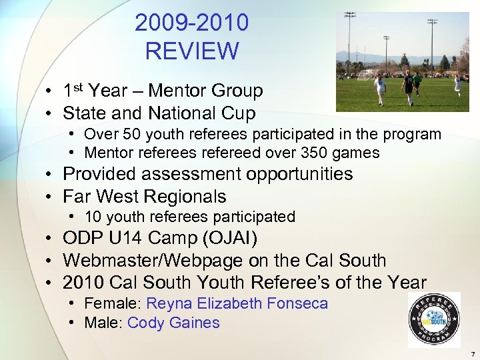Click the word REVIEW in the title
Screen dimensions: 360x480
pos(192,51)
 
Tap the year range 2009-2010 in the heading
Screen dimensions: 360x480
pos(192,23)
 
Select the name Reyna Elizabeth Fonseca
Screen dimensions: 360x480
pos(237,304)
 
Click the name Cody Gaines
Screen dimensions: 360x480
pos(173,323)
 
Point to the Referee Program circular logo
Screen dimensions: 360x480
pos(434,320)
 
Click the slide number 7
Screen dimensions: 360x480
pos(471,353)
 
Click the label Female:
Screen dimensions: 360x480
pos(113,304)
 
